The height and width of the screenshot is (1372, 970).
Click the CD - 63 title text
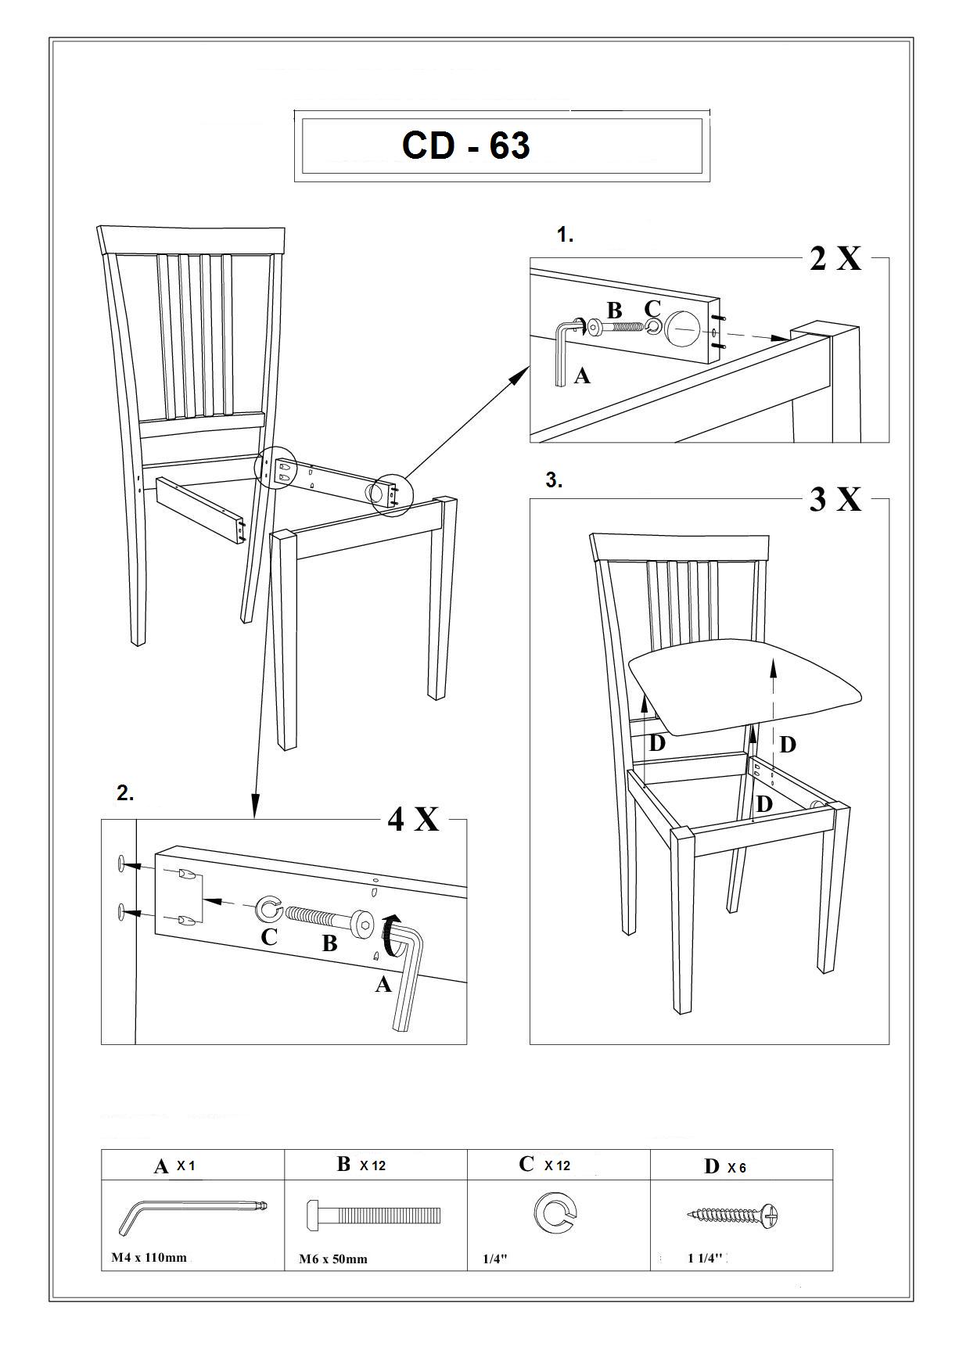(x=466, y=145)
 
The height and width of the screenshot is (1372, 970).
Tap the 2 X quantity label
(x=835, y=257)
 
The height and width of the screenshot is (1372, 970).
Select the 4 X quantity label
(x=413, y=819)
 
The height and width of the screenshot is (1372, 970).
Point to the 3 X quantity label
(x=835, y=498)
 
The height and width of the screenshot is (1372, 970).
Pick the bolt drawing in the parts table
(x=373, y=1215)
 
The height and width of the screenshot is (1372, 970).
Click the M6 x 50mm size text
(x=333, y=1259)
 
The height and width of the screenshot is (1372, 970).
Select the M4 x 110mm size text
(x=149, y=1258)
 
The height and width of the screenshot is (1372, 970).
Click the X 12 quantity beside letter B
(x=372, y=1165)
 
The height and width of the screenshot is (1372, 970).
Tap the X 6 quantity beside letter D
(x=737, y=1168)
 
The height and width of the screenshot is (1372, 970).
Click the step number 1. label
(x=565, y=234)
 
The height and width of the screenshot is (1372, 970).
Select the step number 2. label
(x=125, y=793)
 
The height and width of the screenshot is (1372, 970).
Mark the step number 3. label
(x=554, y=480)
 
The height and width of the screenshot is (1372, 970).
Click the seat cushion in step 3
(x=744, y=684)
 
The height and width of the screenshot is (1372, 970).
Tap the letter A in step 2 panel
(x=383, y=984)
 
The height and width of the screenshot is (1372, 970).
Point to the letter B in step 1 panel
(x=615, y=311)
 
